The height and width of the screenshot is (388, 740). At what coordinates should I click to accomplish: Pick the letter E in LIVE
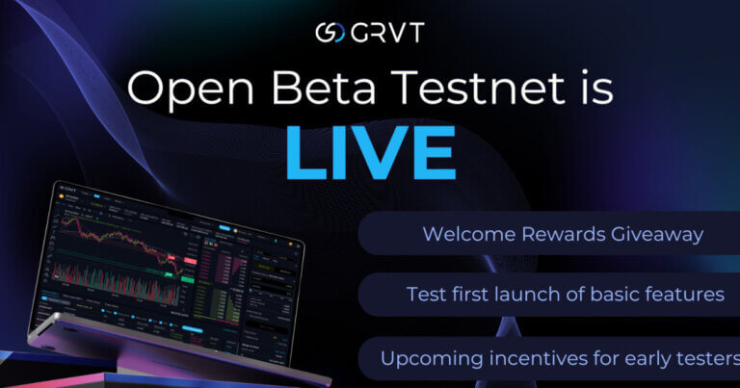431,152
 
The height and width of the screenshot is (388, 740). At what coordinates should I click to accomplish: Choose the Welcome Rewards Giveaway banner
549,233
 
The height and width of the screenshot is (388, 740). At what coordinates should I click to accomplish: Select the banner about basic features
549,295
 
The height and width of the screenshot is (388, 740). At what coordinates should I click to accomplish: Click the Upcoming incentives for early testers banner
549,358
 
